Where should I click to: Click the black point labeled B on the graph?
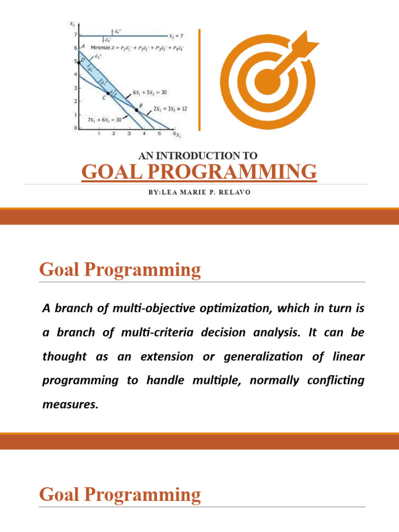tap(137, 110)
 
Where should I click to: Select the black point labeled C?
tap(108, 94)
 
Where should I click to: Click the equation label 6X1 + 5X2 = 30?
tap(150, 92)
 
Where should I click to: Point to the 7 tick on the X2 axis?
tap(75, 35)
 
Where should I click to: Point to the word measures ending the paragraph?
tap(69, 404)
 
